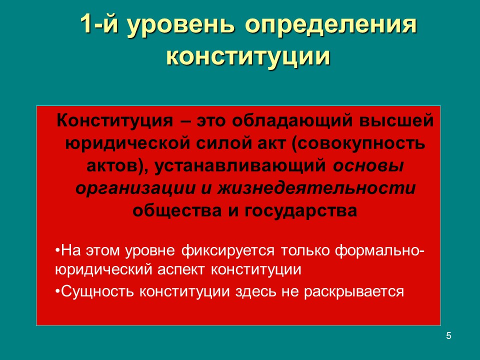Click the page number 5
pos(448,335)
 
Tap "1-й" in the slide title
pos(99,26)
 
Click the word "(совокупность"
pos(356,144)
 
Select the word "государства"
pos(300,211)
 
